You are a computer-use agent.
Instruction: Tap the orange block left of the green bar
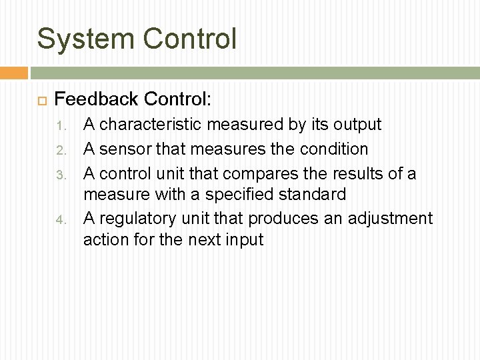pyautogui.click(x=13, y=73)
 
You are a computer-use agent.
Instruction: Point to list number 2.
pyautogui.click(x=60, y=150)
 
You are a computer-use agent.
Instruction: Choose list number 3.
pyautogui.click(x=60, y=175)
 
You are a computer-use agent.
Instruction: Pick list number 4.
pyautogui.click(x=60, y=219)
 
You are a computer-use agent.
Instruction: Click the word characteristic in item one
pyautogui.click(x=151, y=125)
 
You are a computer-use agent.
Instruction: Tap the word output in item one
pyautogui.click(x=358, y=125)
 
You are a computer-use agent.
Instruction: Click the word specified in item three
pyautogui.click(x=235, y=195)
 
